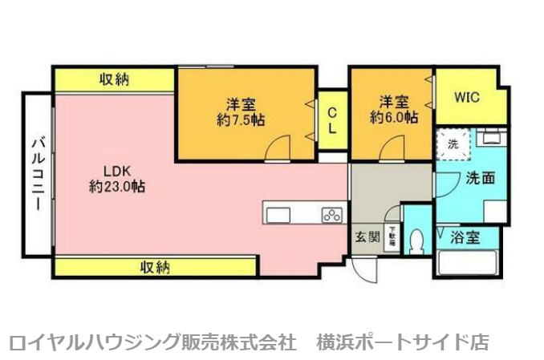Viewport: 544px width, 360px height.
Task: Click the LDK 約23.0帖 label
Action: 117,178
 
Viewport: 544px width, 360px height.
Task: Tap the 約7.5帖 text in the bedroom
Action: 241,119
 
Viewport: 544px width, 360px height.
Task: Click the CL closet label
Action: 331,119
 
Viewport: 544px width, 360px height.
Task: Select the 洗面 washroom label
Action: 480,179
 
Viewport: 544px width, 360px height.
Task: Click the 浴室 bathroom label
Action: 465,237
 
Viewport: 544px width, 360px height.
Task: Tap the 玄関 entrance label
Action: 367,237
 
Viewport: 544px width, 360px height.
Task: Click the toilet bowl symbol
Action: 416,240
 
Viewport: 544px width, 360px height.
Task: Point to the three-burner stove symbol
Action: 332,214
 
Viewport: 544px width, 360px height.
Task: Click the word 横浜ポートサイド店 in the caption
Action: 403,341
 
